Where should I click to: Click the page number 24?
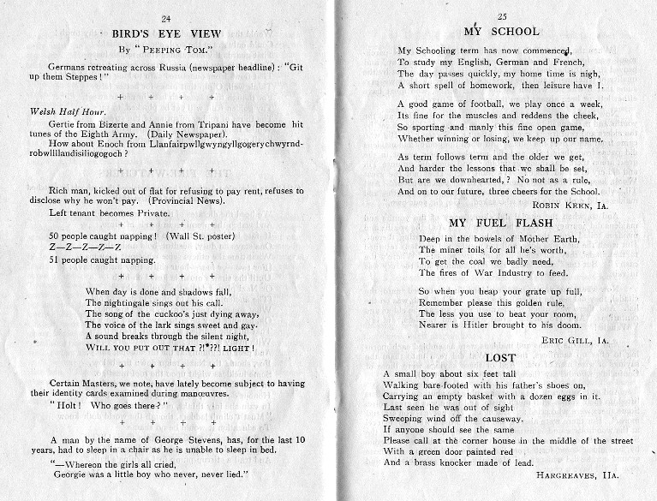coord(165,18)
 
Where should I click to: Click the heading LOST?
coord(500,357)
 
